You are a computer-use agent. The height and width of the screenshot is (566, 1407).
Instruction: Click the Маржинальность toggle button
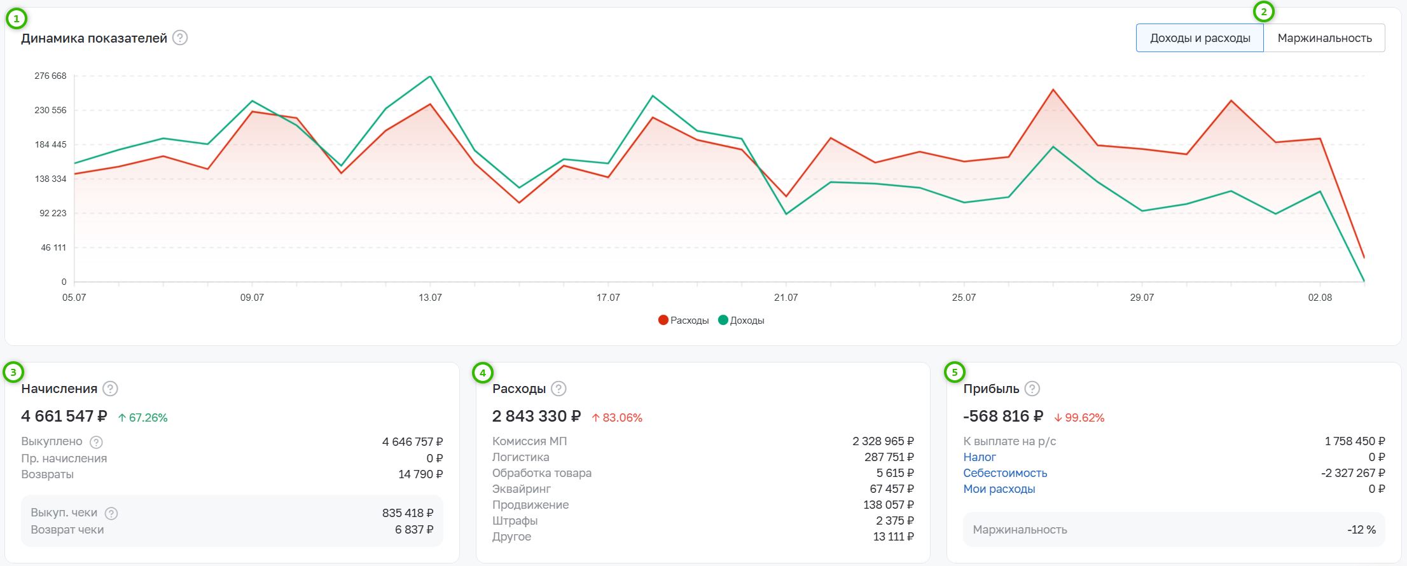click(1324, 38)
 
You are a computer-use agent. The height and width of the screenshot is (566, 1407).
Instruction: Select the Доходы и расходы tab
click(1200, 38)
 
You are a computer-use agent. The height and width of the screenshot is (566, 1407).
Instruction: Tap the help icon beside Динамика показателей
click(180, 38)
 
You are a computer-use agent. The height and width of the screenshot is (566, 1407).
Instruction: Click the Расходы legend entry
click(684, 321)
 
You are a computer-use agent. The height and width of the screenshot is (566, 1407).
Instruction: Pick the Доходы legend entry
click(741, 321)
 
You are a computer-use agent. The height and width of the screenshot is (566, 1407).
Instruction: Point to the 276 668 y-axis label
click(50, 76)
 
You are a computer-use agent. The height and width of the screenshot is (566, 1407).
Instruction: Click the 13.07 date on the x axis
click(430, 298)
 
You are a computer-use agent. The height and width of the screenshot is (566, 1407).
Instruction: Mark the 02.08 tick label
click(1320, 298)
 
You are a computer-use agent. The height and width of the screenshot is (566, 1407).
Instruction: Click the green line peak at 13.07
click(431, 76)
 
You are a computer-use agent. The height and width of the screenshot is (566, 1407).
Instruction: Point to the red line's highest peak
click(1053, 90)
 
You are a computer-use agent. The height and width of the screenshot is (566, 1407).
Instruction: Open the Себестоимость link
click(1005, 473)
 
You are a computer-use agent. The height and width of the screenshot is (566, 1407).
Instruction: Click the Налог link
click(980, 457)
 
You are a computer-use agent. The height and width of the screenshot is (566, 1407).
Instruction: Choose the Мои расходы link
click(999, 489)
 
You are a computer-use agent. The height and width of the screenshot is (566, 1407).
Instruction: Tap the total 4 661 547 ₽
click(64, 417)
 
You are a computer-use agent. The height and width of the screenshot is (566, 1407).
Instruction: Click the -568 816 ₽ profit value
click(1003, 417)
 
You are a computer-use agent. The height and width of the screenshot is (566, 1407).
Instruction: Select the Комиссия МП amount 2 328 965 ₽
click(883, 441)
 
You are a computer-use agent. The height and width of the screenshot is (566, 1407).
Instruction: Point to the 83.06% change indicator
click(617, 418)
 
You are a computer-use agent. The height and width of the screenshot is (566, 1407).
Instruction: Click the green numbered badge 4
click(483, 373)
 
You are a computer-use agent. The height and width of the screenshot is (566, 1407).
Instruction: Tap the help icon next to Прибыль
click(1032, 389)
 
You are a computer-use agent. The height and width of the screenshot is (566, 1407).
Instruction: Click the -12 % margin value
click(1361, 530)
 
